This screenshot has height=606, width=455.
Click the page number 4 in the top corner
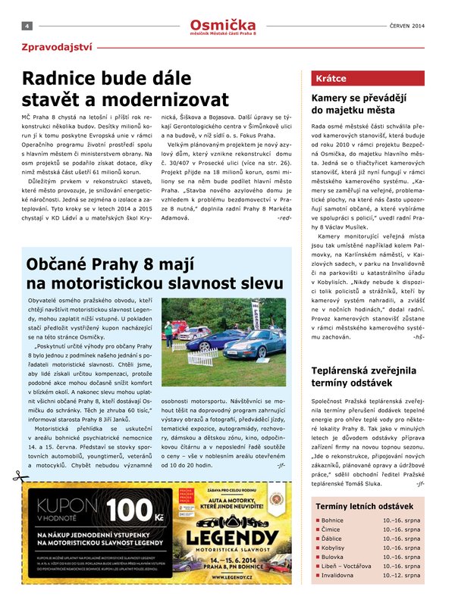[27, 25]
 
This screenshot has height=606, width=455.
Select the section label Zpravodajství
[57, 48]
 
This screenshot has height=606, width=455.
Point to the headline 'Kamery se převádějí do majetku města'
[359, 104]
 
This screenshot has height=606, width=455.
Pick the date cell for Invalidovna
[402, 576]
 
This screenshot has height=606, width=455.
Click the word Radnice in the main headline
[61, 79]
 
